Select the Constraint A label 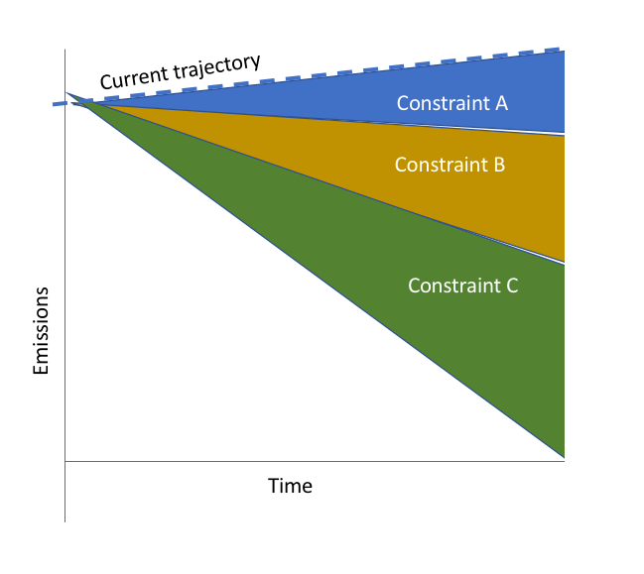pyautogui.click(x=452, y=102)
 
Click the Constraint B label pyautogui.click(x=450, y=165)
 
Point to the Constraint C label pyautogui.click(x=463, y=286)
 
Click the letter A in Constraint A pyautogui.click(x=501, y=102)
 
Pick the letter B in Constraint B pyautogui.click(x=499, y=165)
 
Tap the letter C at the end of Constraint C pyautogui.click(x=512, y=286)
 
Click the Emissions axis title pyautogui.click(x=41, y=331)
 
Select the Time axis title pyautogui.click(x=290, y=486)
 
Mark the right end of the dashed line pyautogui.click(x=562, y=50)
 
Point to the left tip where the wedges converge pyautogui.click(x=68, y=94)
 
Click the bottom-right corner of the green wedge pyautogui.click(x=563, y=456)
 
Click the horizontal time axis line pyautogui.click(x=298, y=461)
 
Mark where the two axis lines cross pyautogui.click(x=64, y=461)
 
